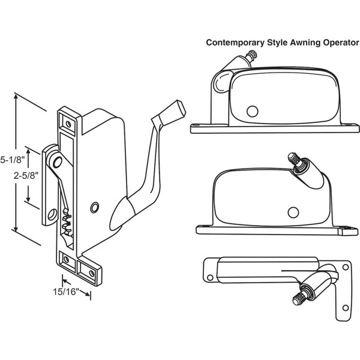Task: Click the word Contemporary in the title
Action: pyautogui.click(x=233, y=43)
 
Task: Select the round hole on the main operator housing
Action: pyautogui.click(x=94, y=207)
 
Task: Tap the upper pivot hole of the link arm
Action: pyautogui.click(x=55, y=161)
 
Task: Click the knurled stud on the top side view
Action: pyautogui.click(x=255, y=56)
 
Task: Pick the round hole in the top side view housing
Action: pyautogui.click(x=252, y=111)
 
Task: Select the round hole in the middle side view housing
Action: pyautogui.click(x=293, y=212)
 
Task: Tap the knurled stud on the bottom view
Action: pyautogui.click(x=299, y=296)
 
